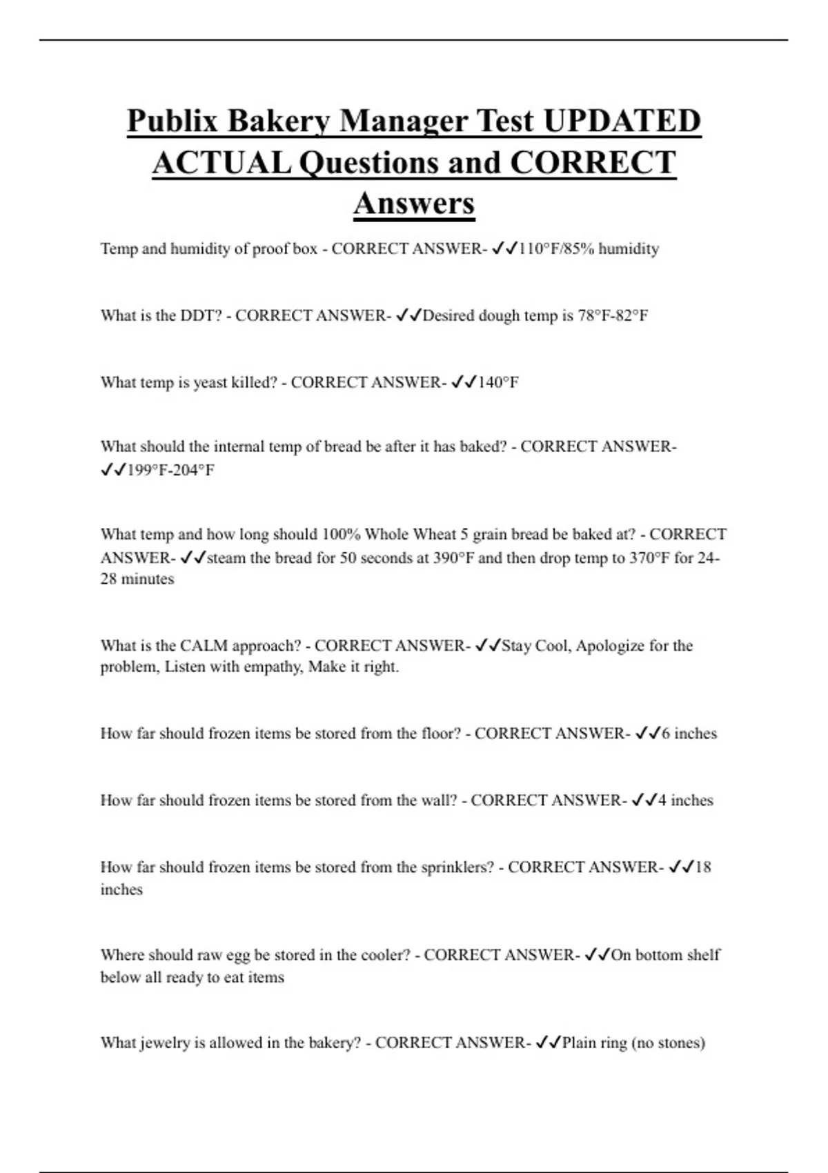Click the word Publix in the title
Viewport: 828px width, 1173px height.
[x=172, y=121]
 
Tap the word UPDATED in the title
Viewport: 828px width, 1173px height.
[x=622, y=121]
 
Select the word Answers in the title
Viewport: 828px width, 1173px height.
[x=414, y=204]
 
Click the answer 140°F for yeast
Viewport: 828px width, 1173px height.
[x=497, y=383]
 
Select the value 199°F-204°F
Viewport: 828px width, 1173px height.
[x=170, y=471]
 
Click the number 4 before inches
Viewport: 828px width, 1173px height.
[x=662, y=800]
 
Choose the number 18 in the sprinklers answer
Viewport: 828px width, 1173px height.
[x=702, y=867]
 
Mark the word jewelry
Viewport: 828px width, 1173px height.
[x=165, y=1043]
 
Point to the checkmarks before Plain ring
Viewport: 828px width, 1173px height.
[x=549, y=1043]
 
